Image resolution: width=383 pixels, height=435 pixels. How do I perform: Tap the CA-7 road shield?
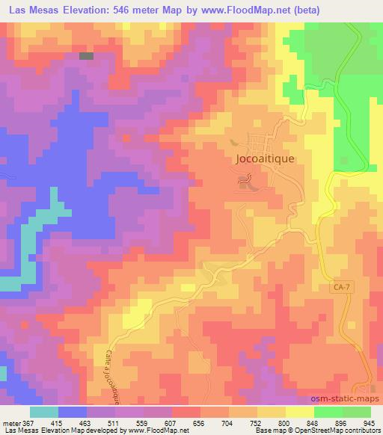pos(341,287)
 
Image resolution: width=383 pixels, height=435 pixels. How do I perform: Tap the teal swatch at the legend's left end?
pos(43,412)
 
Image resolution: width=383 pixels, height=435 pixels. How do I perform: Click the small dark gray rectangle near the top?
pos(87,55)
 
